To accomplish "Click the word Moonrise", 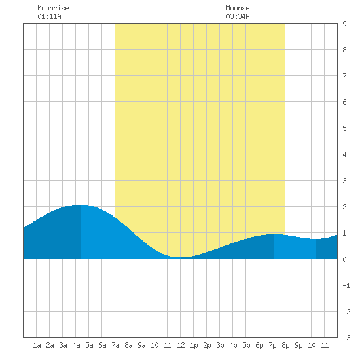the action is pyautogui.click(x=53, y=8).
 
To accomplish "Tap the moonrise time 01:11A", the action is pyautogui.click(x=49, y=16).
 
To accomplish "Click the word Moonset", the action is pyautogui.click(x=240, y=8).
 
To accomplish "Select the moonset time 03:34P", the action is pyautogui.click(x=238, y=16).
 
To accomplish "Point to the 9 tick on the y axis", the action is pyautogui.click(x=344, y=24).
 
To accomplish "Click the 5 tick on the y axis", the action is pyautogui.click(x=344, y=128).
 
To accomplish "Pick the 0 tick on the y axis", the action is pyautogui.click(x=344, y=259).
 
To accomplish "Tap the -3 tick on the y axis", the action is pyautogui.click(x=346, y=338).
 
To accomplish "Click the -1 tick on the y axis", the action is pyautogui.click(x=346, y=285).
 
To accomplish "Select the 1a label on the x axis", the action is pyautogui.click(x=37, y=345).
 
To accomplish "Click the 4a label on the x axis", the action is pyautogui.click(x=76, y=345).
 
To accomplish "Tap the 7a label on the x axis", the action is pyautogui.click(x=115, y=345).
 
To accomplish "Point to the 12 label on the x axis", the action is pyautogui.click(x=181, y=345).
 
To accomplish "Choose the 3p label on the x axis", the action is pyautogui.click(x=220, y=345).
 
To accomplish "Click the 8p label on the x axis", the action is pyautogui.click(x=285, y=345).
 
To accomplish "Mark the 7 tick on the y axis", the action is pyautogui.click(x=344, y=76).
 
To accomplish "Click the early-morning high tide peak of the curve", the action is pyautogui.click(x=81, y=205).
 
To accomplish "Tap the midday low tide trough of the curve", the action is pyautogui.click(x=181, y=257).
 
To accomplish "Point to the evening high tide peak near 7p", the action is pyautogui.click(x=274, y=234).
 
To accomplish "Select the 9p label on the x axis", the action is pyautogui.click(x=298, y=345).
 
